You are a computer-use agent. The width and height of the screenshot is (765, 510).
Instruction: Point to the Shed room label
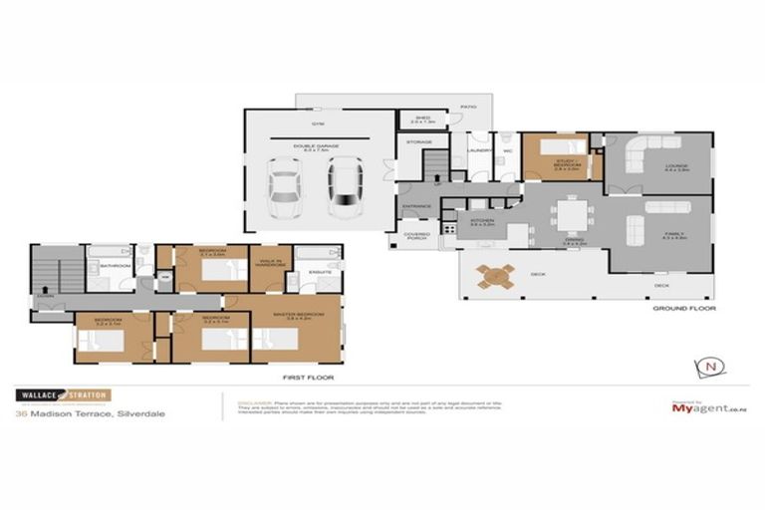(422, 119)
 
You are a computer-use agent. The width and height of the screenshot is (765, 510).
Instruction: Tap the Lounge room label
(677, 166)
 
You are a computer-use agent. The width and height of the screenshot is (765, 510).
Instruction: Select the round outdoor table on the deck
(495, 276)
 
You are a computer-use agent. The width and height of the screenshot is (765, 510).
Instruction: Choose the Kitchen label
(481, 222)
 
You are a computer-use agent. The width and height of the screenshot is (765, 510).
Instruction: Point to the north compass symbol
(710, 367)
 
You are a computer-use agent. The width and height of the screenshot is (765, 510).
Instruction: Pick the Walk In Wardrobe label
(269, 264)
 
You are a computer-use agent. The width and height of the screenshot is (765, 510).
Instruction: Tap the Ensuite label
(320, 270)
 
